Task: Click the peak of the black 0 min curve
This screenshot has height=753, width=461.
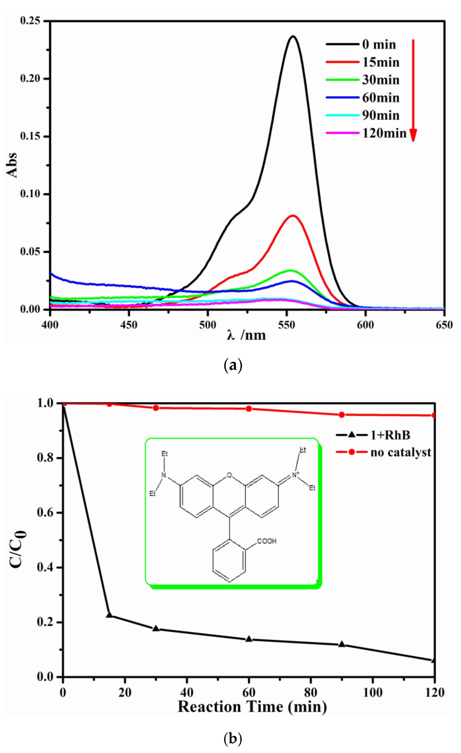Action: pyautogui.click(x=293, y=36)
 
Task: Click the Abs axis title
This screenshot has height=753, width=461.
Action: pyautogui.click(x=12, y=165)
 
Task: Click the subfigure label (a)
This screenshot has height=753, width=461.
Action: pyautogui.click(x=233, y=365)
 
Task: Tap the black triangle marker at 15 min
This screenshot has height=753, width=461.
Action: pyautogui.click(x=109, y=614)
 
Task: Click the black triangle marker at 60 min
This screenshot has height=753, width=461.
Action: pyautogui.click(x=249, y=638)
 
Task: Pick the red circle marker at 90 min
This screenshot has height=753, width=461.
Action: pyautogui.click(x=342, y=415)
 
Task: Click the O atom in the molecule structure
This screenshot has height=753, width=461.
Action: pyautogui.click(x=229, y=475)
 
